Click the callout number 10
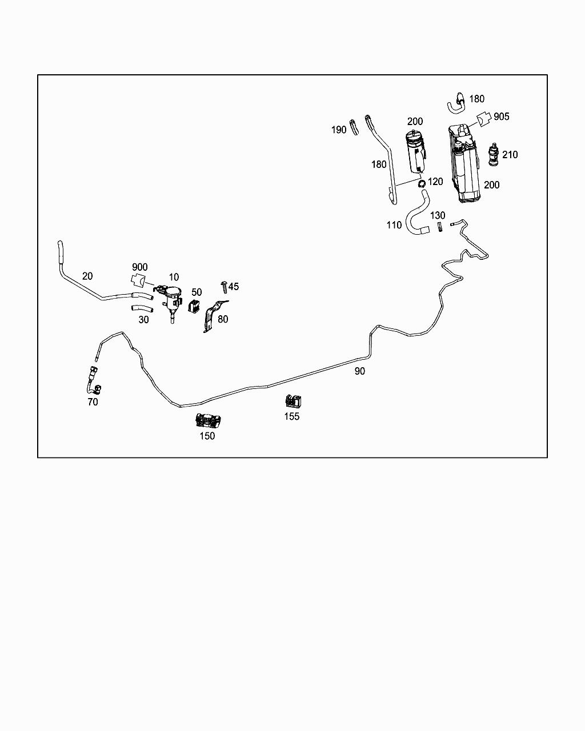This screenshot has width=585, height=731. click(174, 278)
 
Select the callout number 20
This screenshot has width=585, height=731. click(87, 276)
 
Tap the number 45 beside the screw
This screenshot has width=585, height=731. click(234, 287)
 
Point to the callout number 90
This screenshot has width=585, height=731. click(359, 371)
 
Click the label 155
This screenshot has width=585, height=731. click(292, 416)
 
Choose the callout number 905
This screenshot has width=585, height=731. click(501, 117)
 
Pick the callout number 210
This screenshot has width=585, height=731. click(510, 155)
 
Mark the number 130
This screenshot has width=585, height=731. click(438, 216)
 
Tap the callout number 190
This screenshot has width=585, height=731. click(339, 130)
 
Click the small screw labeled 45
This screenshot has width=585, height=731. click(225, 286)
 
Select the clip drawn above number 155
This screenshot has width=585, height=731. click(293, 401)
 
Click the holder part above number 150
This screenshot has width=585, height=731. click(207, 421)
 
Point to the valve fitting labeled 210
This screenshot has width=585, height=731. click(492, 155)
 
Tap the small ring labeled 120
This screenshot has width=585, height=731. click(421, 184)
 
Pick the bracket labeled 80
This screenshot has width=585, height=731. click(212, 316)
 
